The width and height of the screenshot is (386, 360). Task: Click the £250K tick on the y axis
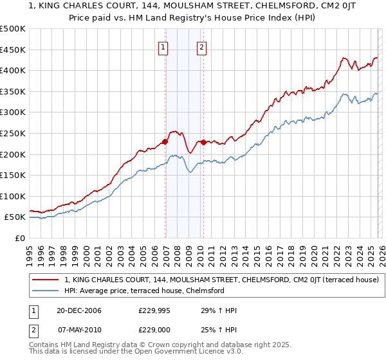pos(13,133)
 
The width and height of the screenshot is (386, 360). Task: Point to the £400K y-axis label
pos(13,70)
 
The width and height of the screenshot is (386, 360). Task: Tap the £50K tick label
pos(15,217)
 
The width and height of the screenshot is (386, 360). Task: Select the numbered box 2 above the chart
pos(201,47)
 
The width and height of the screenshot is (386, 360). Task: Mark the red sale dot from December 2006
pos(165,141)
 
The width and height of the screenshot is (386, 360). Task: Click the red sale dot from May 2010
pos(203,142)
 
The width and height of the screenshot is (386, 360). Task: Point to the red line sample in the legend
pos(46,280)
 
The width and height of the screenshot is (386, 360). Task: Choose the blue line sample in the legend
pos(46,291)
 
